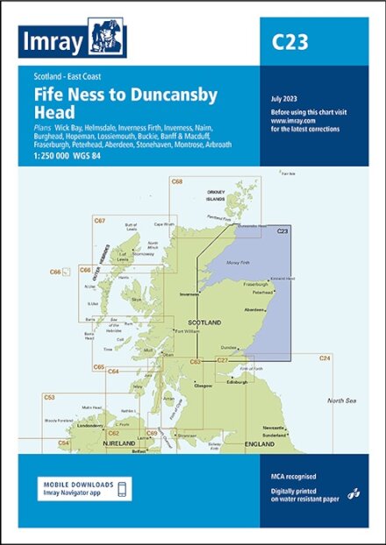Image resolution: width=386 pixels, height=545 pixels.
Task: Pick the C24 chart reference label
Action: (325, 358)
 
